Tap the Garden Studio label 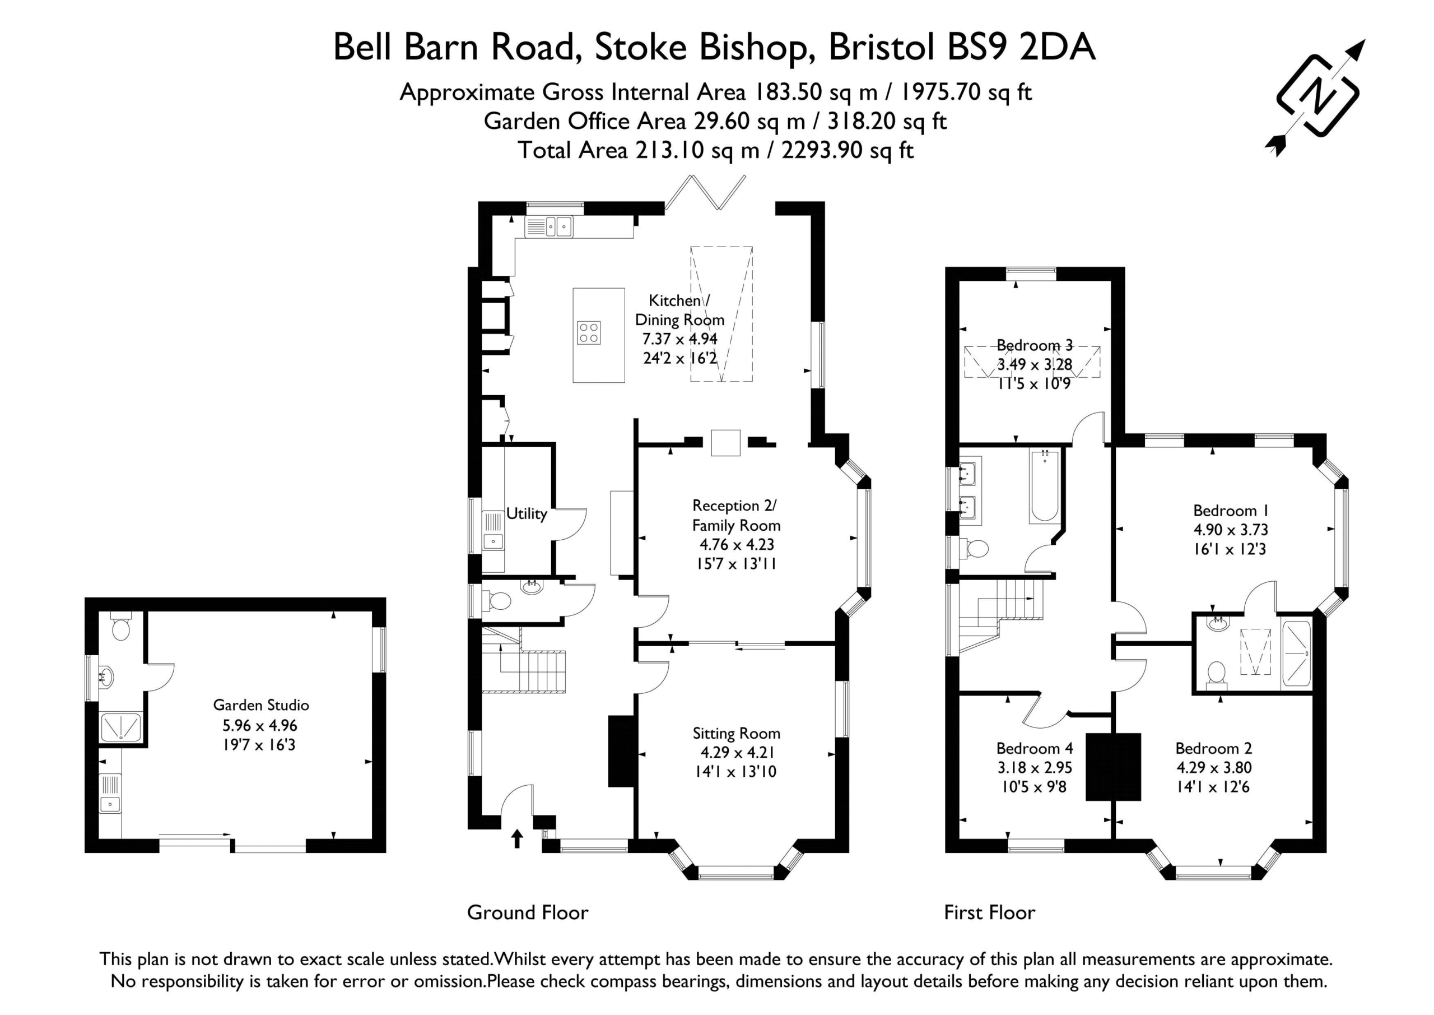tap(261, 705)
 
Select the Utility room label tap(527, 513)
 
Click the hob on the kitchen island tap(588, 332)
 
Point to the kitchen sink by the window tap(548, 226)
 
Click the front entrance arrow tap(516, 838)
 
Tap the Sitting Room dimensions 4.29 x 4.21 tap(737, 753)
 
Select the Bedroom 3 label tap(1034, 345)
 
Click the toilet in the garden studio tap(120, 626)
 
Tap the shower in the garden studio tap(121, 727)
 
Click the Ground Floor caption tap(528, 912)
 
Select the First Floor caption tap(989, 912)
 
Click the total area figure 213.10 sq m tap(697, 151)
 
